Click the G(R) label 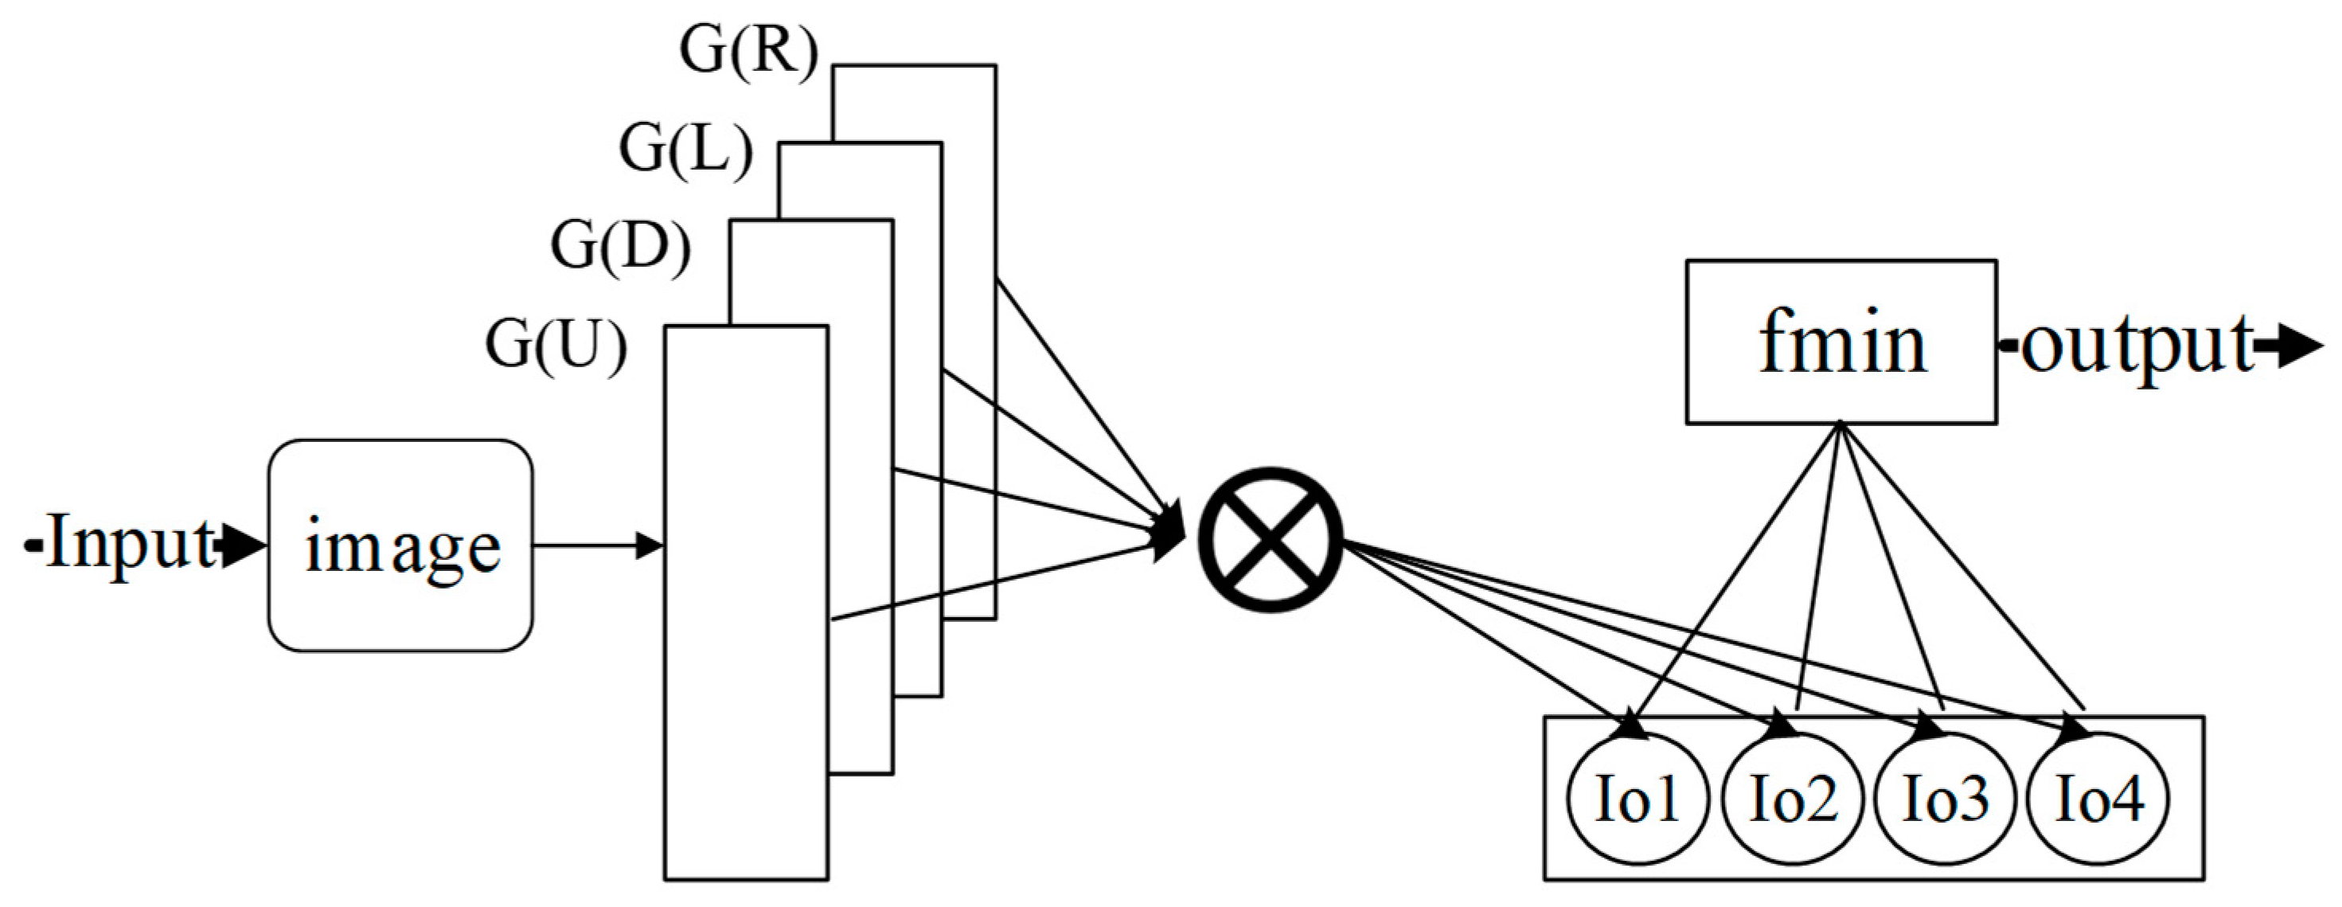click(748, 52)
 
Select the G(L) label click(686, 148)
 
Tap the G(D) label click(621, 245)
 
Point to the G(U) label click(556, 346)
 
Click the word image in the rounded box click(402, 548)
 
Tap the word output click(2137, 346)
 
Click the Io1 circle click(1637, 798)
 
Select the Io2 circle click(1792, 798)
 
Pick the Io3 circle click(1946, 798)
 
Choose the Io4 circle click(2098, 798)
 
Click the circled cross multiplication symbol click(1270, 539)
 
